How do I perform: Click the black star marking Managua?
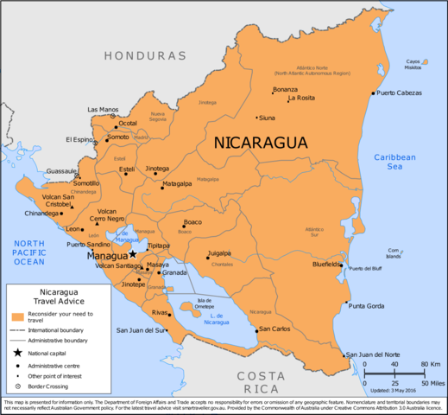pos(133,253)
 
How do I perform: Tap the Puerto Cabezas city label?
pos(401,93)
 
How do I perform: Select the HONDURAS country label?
pos(145,55)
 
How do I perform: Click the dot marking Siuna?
pos(257,117)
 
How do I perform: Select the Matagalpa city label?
pos(176,184)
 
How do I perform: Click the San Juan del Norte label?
pos(373,355)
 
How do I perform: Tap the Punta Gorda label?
pos(369,305)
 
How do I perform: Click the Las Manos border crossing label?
pos(103,110)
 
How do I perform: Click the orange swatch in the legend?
pos(17,315)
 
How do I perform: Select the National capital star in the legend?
pos(17,354)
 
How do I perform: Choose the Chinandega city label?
pos(42,213)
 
